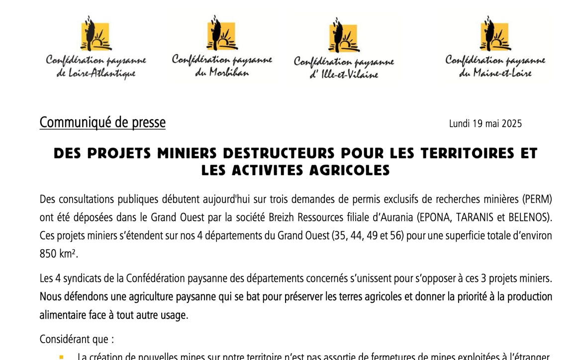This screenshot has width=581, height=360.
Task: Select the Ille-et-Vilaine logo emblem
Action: coord(343,35)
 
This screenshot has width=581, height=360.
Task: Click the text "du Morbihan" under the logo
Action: coord(222,73)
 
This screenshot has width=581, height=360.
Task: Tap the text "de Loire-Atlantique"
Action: coord(96,74)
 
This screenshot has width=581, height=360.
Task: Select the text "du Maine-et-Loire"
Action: coord(495,73)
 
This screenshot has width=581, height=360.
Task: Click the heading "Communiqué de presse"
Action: coord(102,122)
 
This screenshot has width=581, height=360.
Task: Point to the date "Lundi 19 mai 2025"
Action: coord(485,124)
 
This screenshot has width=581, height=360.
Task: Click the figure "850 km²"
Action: coord(59,254)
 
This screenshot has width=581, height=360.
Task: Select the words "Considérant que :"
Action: coord(77,340)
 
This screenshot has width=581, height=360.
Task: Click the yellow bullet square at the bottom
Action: coord(61,357)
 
